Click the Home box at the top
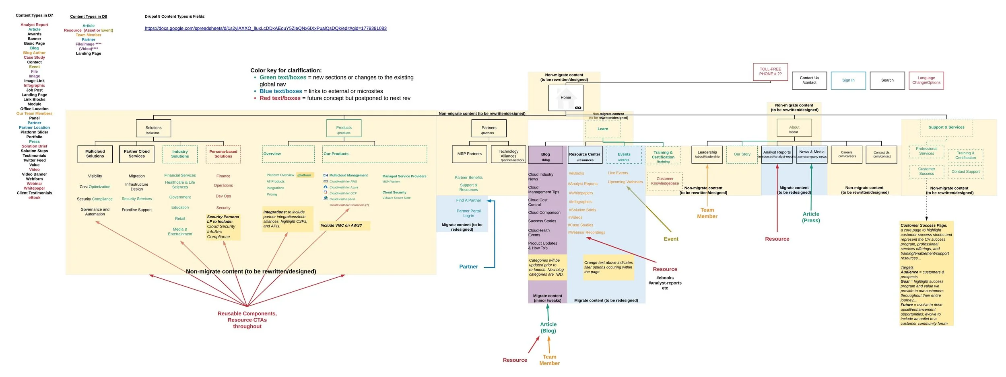566,98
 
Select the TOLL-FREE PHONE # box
770,72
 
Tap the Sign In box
848,80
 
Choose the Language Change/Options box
926,80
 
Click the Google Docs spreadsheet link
266,29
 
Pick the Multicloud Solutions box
95,154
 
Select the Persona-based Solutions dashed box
223,154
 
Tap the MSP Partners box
469,154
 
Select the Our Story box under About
742,154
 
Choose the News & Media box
812,154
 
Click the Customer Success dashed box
926,171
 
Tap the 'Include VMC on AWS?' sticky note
344,225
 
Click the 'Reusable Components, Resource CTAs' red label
247,320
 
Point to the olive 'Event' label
671,239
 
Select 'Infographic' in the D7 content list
34,86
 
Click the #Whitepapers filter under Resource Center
581,193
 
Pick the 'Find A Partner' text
468,200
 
